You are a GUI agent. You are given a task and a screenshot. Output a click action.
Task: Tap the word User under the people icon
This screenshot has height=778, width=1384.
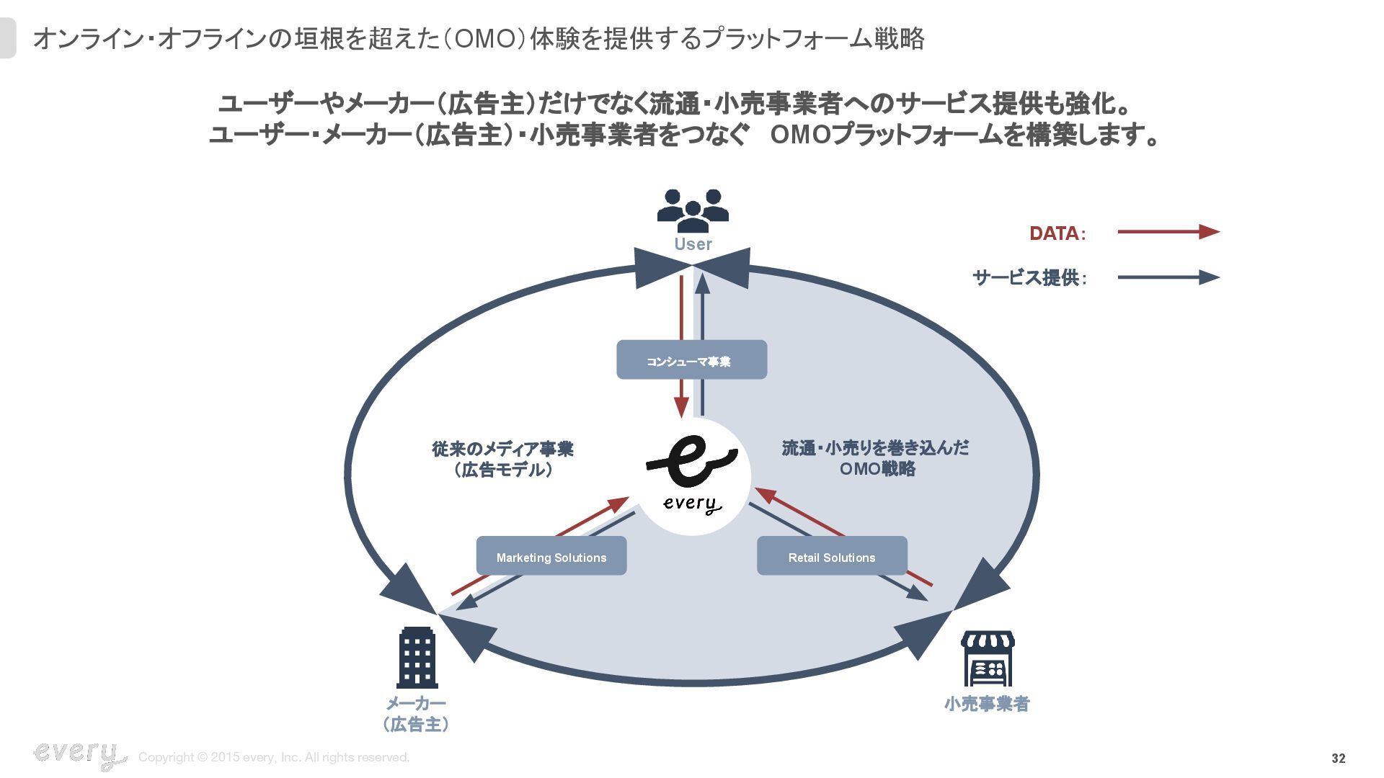[x=693, y=244]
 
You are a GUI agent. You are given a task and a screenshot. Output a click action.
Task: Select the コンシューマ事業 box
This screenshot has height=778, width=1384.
[x=691, y=360]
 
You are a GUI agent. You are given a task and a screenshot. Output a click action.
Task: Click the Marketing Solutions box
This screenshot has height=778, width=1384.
[x=551, y=556]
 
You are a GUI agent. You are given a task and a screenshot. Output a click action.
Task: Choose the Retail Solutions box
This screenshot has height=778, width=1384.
[x=832, y=556]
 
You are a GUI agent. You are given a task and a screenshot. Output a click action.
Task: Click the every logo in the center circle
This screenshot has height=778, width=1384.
[x=692, y=475]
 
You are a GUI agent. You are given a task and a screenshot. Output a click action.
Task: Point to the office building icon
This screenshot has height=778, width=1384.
[x=417, y=657]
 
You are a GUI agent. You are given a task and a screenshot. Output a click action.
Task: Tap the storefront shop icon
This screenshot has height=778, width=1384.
[x=988, y=658]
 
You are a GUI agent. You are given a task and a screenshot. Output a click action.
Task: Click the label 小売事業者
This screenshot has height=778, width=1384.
[x=987, y=704]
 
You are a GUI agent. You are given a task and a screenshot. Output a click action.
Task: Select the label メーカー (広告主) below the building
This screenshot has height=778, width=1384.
[x=416, y=713]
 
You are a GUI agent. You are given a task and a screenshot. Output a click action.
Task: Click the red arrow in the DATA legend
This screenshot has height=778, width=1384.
[x=1168, y=232]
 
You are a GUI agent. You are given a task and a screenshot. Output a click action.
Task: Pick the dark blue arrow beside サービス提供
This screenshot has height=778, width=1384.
[x=1168, y=277]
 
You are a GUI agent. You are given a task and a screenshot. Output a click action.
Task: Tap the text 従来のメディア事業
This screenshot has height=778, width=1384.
[x=502, y=449]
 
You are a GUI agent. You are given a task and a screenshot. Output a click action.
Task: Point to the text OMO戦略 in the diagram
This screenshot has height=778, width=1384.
[x=877, y=469]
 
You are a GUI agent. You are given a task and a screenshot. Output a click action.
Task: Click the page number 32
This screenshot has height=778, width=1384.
[x=1338, y=758]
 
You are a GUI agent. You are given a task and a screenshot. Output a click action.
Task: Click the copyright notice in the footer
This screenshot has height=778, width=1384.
[x=274, y=757]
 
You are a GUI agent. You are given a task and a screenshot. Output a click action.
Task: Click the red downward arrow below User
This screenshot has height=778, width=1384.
[x=681, y=346]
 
